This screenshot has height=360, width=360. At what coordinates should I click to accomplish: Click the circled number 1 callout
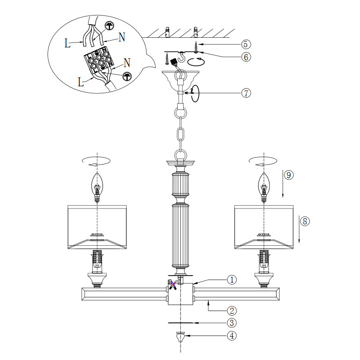[x=232, y=280]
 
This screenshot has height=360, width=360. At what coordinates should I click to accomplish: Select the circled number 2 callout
[x=232, y=311]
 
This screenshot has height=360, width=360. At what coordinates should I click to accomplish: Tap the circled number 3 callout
[x=232, y=323]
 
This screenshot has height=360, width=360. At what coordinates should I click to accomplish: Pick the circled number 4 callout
[x=232, y=336]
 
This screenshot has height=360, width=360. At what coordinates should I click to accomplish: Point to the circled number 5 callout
[x=246, y=44]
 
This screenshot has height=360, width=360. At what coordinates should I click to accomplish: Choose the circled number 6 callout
[x=246, y=57]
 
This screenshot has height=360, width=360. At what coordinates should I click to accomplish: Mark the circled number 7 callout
[x=246, y=93]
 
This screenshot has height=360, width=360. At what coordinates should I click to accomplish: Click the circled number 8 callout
[x=305, y=221]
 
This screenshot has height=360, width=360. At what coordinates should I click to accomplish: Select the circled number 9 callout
[x=289, y=175]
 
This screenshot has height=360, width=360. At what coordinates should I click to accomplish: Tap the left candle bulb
[x=97, y=187]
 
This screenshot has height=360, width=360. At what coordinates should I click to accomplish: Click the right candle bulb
[x=264, y=187]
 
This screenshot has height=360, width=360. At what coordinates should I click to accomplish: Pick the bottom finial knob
[x=180, y=337]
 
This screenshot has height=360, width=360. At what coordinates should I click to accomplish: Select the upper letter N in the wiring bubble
[x=122, y=37]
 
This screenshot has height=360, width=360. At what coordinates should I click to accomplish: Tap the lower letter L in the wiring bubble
[x=81, y=82]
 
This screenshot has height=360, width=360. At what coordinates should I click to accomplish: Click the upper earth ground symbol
[x=109, y=26]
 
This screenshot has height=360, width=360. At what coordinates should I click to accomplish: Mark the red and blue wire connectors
[x=173, y=285]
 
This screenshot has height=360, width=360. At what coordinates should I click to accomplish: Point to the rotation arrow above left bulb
[x=97, y=161]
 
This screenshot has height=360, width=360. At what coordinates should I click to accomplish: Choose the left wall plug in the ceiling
[x=167, y=32]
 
